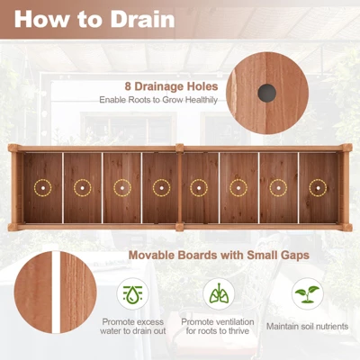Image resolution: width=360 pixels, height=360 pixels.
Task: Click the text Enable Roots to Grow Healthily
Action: point(157,100)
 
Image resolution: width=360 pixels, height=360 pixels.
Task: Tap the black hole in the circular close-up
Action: point(265,92)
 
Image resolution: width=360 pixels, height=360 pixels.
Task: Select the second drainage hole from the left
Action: point(82,188)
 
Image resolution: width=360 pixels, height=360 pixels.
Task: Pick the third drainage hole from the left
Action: point(121,188)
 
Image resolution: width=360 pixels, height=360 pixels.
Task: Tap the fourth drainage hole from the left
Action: point(161,188)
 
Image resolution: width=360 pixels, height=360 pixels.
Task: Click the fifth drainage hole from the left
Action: point(200,188)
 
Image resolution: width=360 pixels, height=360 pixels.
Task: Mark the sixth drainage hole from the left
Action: point(238,188)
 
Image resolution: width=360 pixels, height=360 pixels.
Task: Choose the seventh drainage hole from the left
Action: point(278,188)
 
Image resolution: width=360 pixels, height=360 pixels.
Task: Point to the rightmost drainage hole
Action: point(317,188)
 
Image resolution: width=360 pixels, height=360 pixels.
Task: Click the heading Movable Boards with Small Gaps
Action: point(219,256)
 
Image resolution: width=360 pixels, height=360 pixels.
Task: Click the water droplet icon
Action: point(133,294)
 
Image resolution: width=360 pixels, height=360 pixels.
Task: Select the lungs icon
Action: point(218,294)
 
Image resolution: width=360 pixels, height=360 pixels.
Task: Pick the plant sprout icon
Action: point(308,294)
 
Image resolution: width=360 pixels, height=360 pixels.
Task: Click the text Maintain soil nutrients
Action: point(308,325)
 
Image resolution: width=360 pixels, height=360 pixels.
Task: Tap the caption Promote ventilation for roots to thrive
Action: point(218,327)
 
